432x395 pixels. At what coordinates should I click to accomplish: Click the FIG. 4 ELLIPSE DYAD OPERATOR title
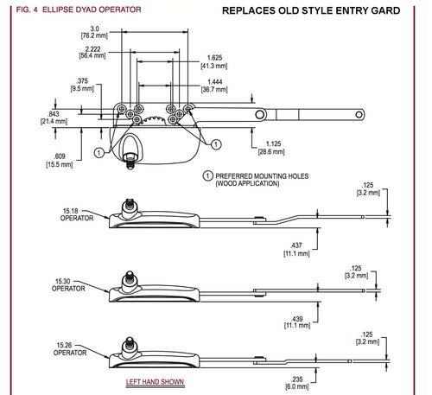click(79, 10)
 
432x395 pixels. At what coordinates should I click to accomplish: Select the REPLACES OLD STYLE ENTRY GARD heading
click(311, 10)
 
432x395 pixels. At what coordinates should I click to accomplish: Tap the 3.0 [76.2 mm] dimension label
click(94, 32)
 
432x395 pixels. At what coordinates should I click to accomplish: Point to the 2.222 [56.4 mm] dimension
click(92, 52)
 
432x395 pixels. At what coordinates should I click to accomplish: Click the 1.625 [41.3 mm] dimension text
click(214, 61)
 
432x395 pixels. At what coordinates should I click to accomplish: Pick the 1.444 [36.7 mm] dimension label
click(214, 86)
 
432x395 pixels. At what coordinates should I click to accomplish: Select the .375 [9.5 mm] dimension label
click(82, 85)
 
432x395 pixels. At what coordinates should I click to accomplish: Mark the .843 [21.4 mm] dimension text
click(54, 118)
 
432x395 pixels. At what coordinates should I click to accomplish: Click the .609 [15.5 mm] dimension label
click(60, 160)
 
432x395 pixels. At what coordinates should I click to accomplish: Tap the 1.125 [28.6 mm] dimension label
click(271, 148)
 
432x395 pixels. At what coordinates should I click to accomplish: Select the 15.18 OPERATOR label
click(77, 214)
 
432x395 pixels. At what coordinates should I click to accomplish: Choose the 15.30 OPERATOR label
click(68, 285)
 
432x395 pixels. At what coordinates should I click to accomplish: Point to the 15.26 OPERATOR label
click(70, 349)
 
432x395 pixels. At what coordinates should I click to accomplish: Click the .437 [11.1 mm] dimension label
click(296, 250)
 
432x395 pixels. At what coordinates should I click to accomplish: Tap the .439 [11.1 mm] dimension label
click(297, 322)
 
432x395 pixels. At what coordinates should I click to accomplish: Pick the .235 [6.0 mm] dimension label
click(297, 383)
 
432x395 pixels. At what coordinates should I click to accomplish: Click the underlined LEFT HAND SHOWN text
click(155, 382)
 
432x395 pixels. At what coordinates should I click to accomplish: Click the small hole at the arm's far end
click(359, 115)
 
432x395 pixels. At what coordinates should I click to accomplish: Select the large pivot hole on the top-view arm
click(260, 115)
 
